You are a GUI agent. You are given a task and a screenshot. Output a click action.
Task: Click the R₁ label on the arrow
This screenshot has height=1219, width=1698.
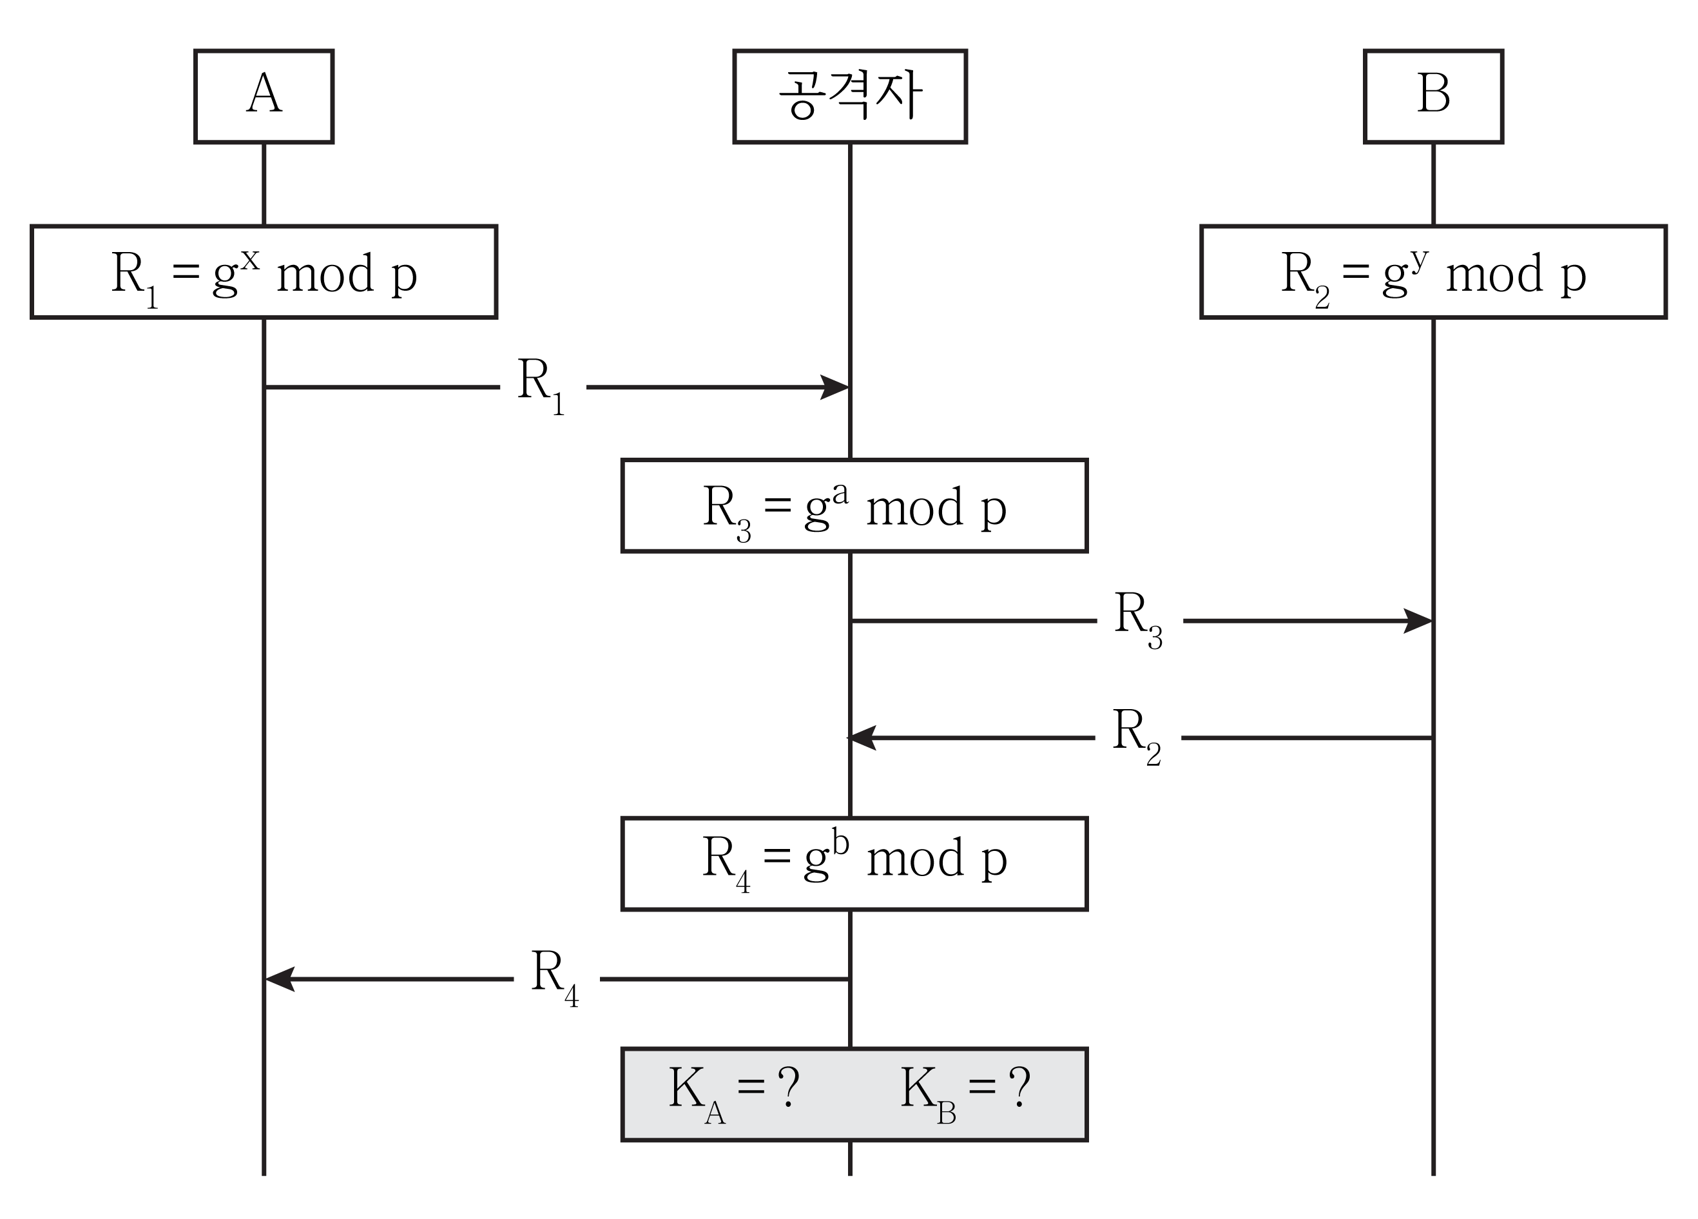pos(541,385)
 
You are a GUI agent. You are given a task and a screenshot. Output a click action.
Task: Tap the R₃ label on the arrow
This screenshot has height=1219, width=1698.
pos(1138,619)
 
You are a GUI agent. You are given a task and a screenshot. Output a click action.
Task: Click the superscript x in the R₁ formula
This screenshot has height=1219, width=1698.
pos(250,260)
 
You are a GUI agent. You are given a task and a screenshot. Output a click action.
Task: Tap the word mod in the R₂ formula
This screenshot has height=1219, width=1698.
pos(1494,275)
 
